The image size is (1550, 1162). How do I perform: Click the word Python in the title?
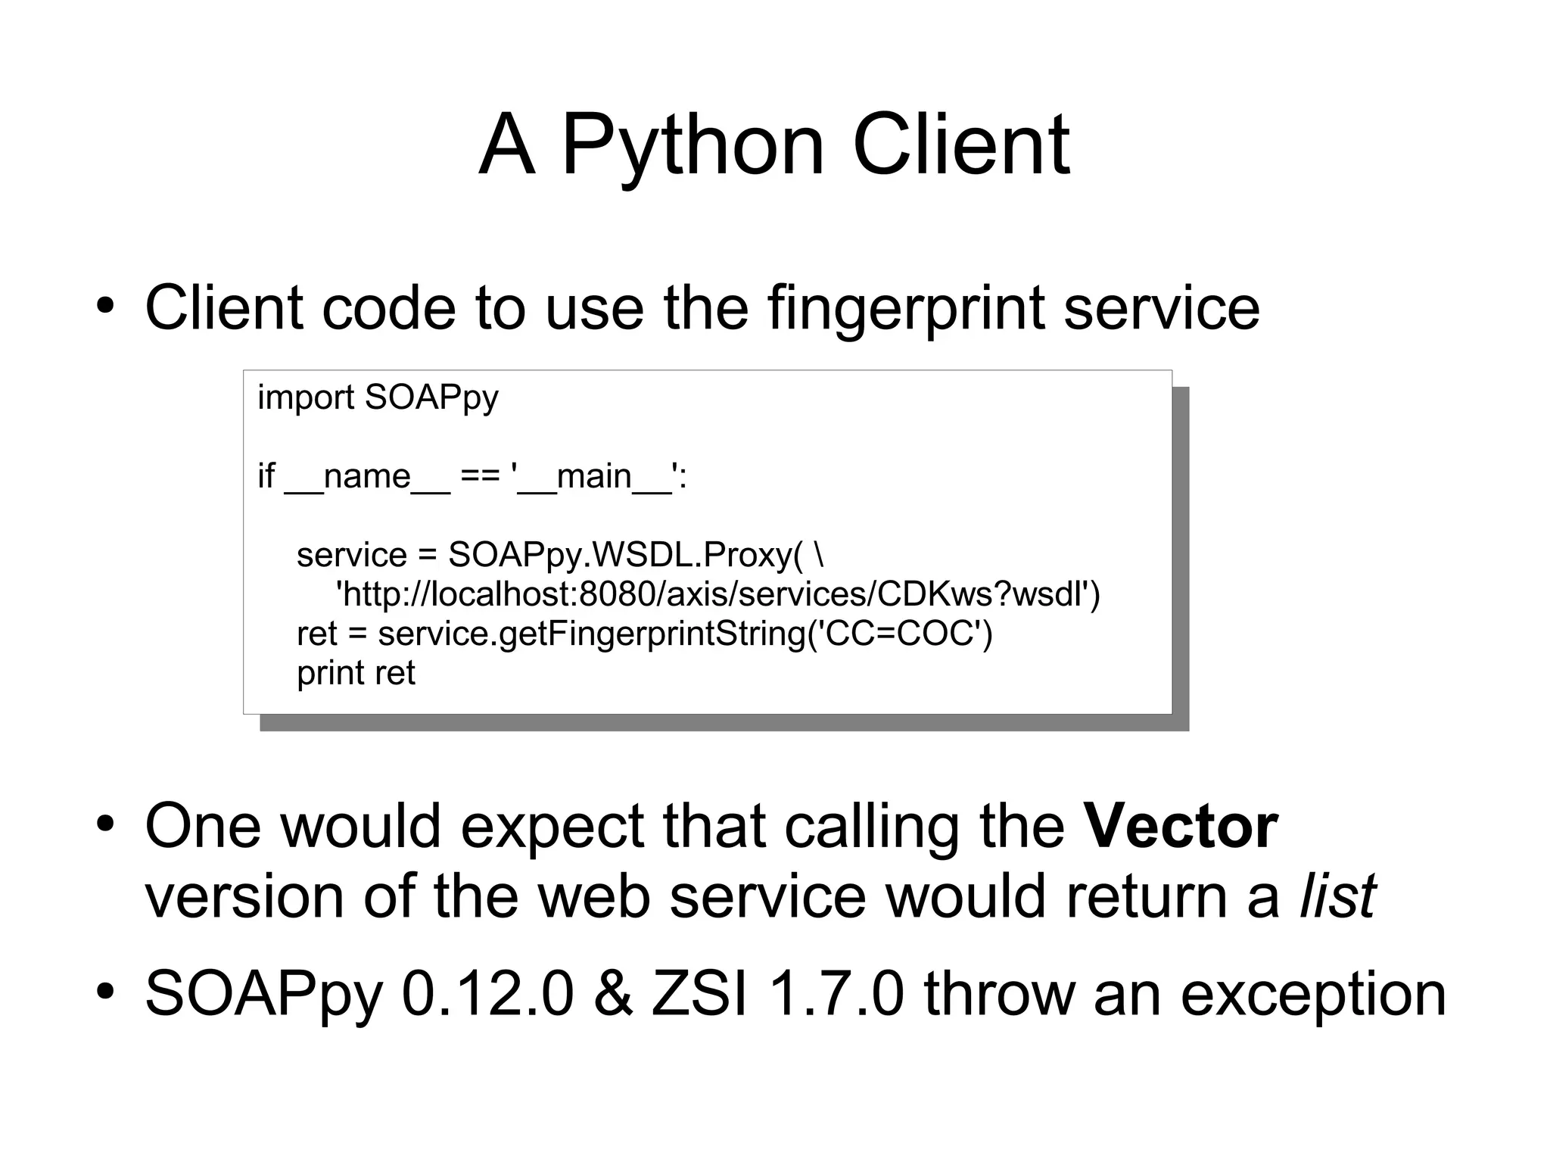[x=693, y=145]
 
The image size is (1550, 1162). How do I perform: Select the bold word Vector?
[x=1181, y=827]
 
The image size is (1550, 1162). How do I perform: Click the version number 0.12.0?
[x=487, y=994]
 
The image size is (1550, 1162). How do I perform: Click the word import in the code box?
[x=306, y=398]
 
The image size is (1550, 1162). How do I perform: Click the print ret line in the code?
[x=356, y=674]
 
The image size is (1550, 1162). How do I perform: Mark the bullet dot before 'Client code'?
[x=105, y=305]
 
